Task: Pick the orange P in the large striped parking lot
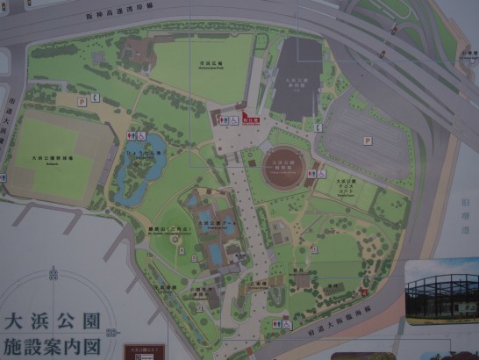click(368, 139)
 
